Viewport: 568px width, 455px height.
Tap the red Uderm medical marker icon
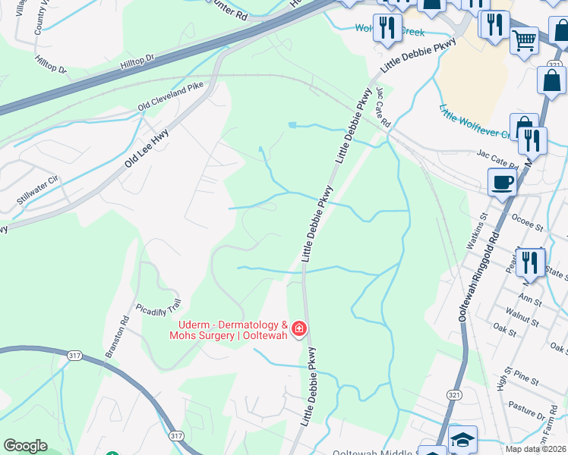pos(299,328)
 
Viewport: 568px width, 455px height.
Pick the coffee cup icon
pos(503,182)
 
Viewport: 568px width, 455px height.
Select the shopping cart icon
pos(524,39)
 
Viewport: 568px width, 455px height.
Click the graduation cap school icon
pos(462,438)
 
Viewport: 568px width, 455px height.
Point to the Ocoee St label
pos(529,227)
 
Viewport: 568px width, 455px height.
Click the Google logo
pos(26,446)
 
